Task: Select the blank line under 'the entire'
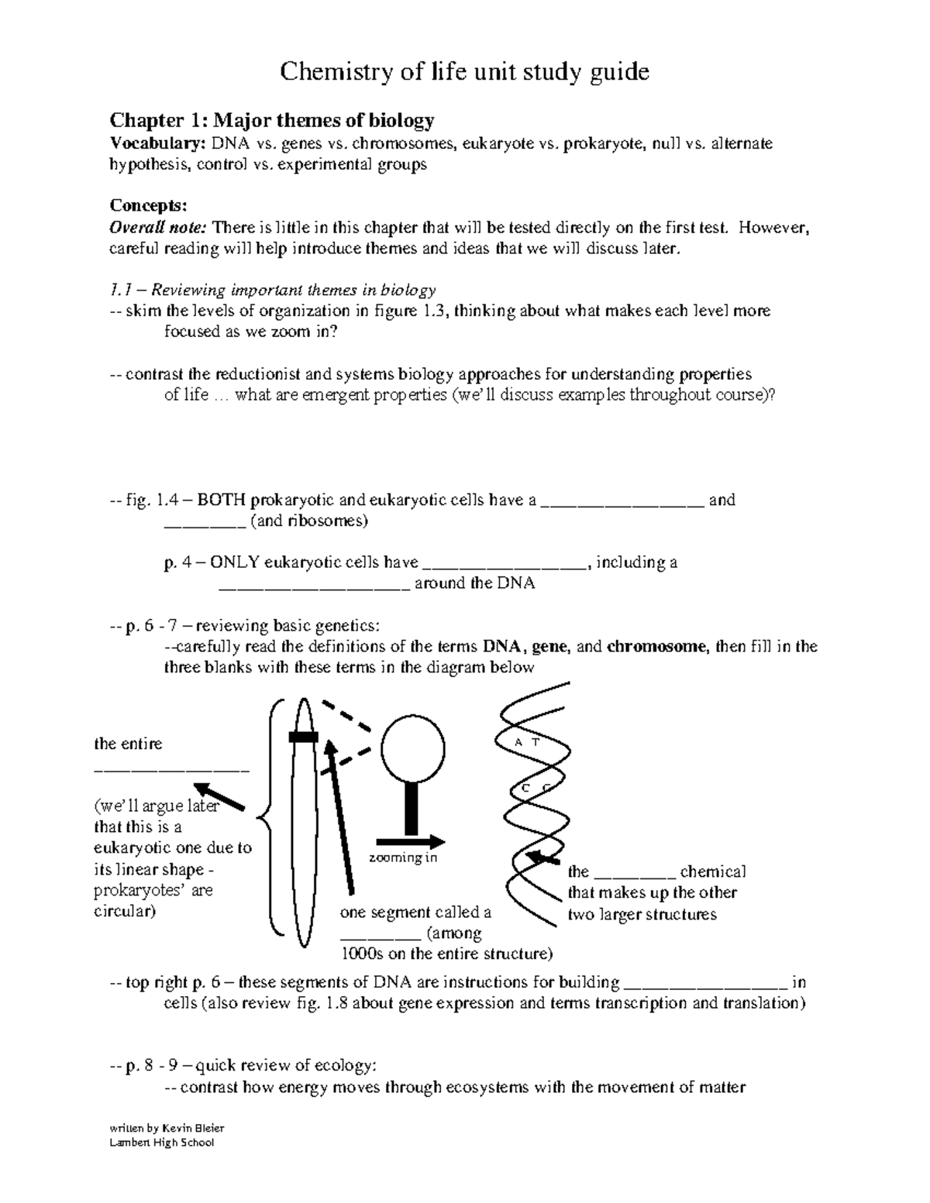coord(171,769)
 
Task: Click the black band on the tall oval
coord(303,737)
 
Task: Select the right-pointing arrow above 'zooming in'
coord(411,841)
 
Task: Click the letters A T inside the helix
coord(527,742)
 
